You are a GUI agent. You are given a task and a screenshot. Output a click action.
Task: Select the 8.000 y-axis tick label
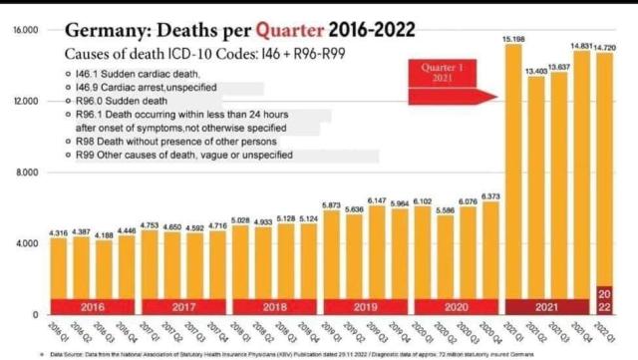[27, 173]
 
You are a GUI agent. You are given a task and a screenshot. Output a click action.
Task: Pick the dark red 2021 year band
[546, 306]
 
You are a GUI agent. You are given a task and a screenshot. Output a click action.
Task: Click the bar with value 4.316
[58, 269]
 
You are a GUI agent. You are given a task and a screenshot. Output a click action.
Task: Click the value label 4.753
[149, 225]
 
